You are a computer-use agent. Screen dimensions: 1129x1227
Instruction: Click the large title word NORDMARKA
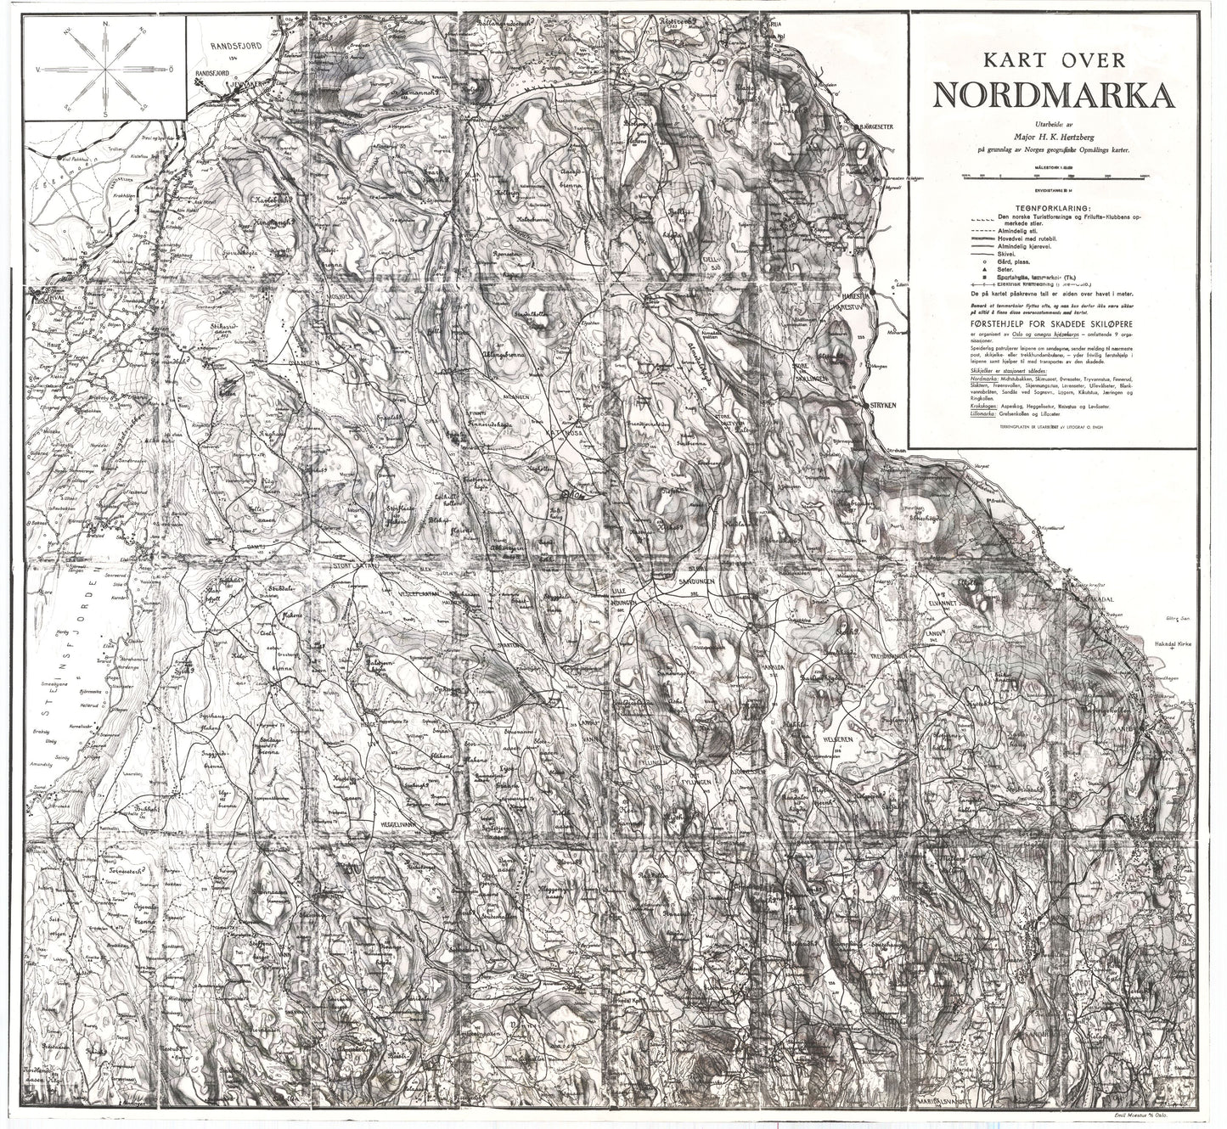(x=1054, y=96)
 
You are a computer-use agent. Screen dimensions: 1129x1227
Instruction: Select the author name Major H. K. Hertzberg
(x=1054, y=134)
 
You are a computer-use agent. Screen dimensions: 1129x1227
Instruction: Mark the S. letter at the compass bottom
(x=104, y=111)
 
